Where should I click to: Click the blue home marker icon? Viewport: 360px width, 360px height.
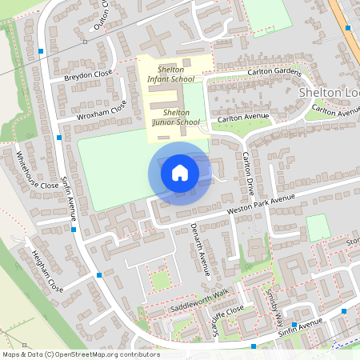(180, 172)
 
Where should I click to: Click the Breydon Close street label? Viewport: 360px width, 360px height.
(87, 76)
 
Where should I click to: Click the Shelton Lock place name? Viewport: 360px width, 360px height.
(329, 93)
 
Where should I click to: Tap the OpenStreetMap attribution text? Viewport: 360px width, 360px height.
(80, 354)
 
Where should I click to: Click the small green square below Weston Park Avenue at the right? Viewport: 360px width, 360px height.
(318, 227)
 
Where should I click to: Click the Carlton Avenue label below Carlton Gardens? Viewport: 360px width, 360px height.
(244, 118)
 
